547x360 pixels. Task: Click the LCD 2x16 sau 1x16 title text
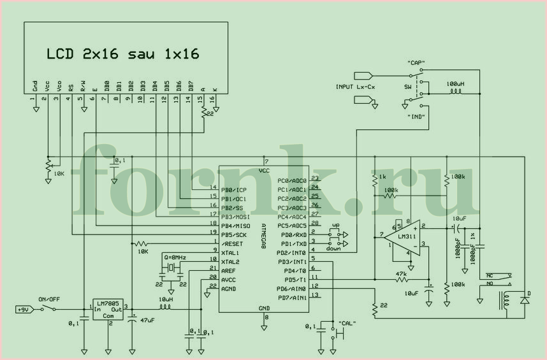point(122,54)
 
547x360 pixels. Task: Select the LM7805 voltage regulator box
point(107,308)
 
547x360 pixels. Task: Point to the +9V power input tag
point(23,310)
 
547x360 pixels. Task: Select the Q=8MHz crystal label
point(175,256)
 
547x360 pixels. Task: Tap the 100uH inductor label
point(455,83)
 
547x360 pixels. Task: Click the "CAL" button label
point(347,323)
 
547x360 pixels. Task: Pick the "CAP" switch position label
point(416,63)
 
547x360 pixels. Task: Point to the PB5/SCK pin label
point(233,234)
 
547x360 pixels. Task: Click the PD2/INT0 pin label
point(292,253)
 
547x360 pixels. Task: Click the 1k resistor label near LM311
point(382,176)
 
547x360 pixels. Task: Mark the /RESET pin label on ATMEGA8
point(231,243)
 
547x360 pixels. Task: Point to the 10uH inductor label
point(165,299)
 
